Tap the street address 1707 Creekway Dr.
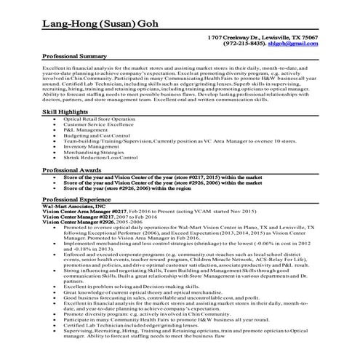(x=229, y=36)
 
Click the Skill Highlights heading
(x=68, y=113)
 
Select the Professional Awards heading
(x=72, y=169)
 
